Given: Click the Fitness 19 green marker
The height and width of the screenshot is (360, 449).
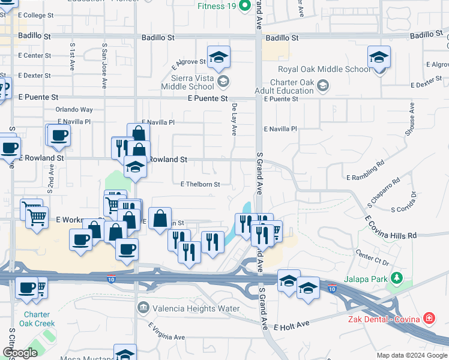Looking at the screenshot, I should [244, 7].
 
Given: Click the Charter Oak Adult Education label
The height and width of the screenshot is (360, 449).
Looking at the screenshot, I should [292, 87].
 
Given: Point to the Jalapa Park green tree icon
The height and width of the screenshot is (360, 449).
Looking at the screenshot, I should [396, 278].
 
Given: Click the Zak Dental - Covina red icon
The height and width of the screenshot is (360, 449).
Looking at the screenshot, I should [429, 317].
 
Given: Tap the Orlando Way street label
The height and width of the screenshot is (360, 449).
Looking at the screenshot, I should [74, 110].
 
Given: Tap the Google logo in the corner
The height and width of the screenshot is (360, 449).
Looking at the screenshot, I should [20, 353].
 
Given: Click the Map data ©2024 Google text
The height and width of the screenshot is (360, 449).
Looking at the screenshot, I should [411, 355].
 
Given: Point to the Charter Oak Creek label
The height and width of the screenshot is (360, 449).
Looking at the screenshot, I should [39, 319].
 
